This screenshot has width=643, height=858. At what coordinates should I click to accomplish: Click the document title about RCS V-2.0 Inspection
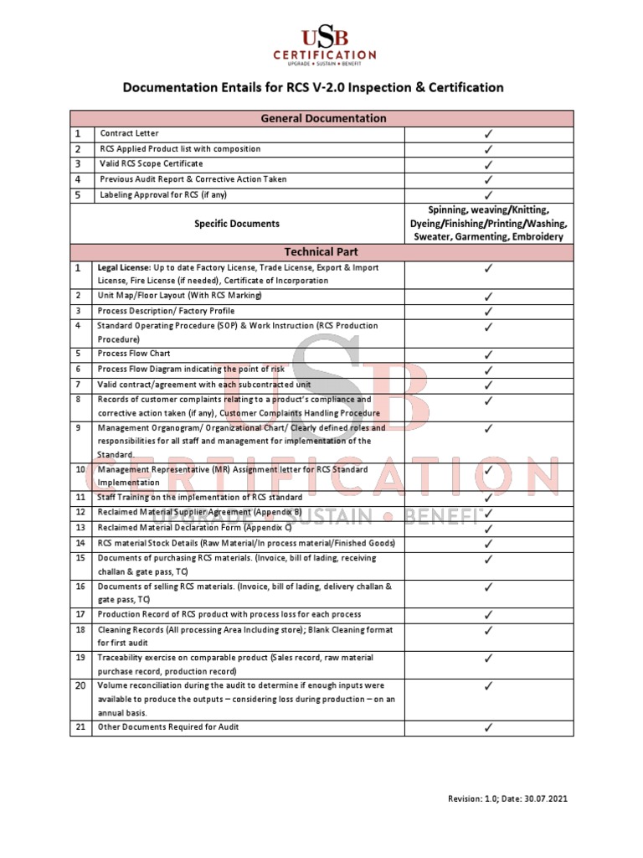pyautogui.click(x=314, y=87)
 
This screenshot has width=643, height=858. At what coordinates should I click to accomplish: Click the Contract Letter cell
pyautogui.click(x=129, y=133)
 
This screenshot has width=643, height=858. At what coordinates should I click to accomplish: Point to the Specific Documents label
pyautogui.click(x=237, y=224)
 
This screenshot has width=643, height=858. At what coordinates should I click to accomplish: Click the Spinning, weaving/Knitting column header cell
pyautogui.click(x=489, y=224)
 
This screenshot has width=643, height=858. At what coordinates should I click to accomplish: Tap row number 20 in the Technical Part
pyautogui.click(x=80, y=685)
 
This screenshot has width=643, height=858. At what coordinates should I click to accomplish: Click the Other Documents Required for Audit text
pyautogui.click(x=168, y=726)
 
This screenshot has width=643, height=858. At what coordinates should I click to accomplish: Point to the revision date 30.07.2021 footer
pyautogui.click(x=507, y=799)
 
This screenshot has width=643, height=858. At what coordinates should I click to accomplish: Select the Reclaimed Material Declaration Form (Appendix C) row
pyautogui.click(x=194, y=528)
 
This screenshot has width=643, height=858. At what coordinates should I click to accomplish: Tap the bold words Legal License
pyautogui.click(x=124, y=268)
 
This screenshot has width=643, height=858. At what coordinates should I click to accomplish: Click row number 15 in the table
pyautogui.click(x=80, y=558)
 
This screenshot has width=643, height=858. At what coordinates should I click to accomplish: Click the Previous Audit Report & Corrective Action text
pyautogui.click(x=193, y=179)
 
